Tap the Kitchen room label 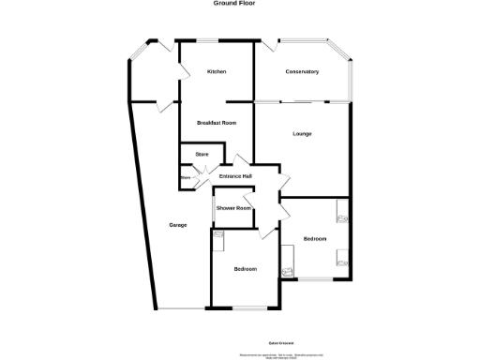(x=217, y=72)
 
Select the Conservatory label (x=302, y=72)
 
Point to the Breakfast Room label (x=217, y=124)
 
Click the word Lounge (x=302, y=134)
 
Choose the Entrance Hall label (x=234, y=176)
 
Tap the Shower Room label (x=233, y=208)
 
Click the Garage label (x=177, y=225)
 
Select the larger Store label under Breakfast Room (x=201, y=154)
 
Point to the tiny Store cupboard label (x=185, y=176)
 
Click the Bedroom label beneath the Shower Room (x=245, y=269)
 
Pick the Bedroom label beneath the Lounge (x=315, y=239)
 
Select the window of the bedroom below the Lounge (x=317, y=278)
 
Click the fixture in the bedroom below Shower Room (x=219, y=241)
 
